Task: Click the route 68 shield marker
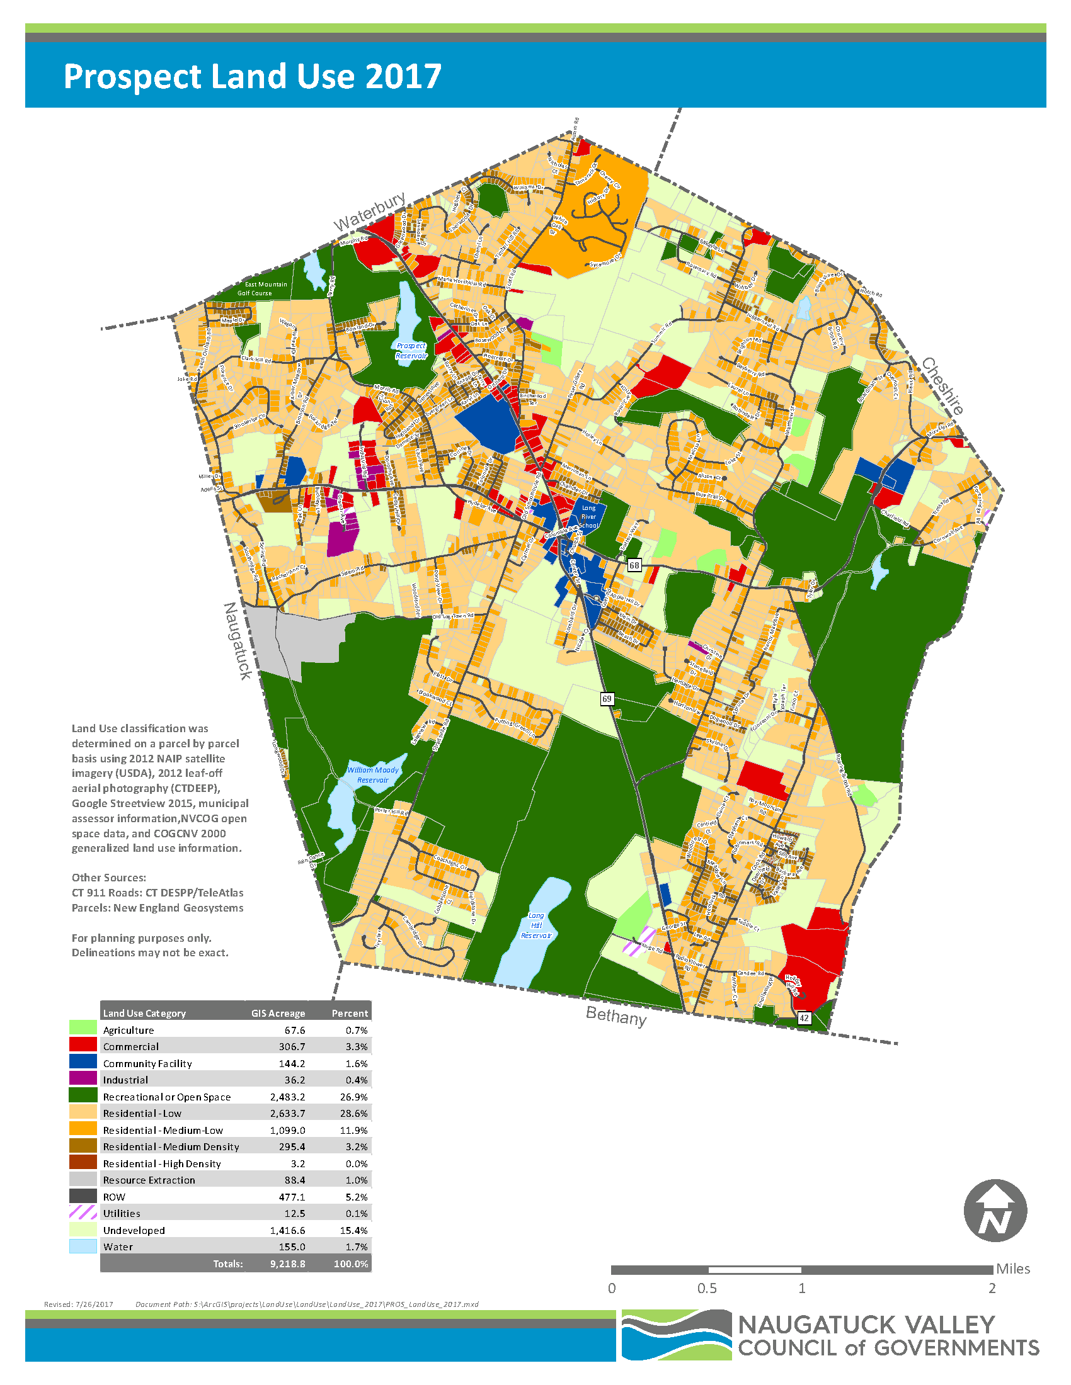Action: pos(634,565)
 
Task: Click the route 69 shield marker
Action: pos(607,699)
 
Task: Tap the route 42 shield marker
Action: pos(804,1018)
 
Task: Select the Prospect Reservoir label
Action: pos(411,351)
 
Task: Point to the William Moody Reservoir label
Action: pos(372,775)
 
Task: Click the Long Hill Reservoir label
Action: pos(536,925)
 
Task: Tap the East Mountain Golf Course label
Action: pos(265,288)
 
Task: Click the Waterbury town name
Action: pos(370,212)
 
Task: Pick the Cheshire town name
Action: pos(943,386)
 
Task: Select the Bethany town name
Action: pos(616,1016)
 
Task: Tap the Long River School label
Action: pos(588,516)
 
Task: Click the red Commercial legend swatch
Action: pos(83,1044)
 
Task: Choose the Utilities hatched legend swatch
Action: pos(83,1211)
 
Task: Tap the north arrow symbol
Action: pos(995,1211)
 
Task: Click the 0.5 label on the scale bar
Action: pos(707,1288)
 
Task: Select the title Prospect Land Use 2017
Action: pos(253,77)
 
